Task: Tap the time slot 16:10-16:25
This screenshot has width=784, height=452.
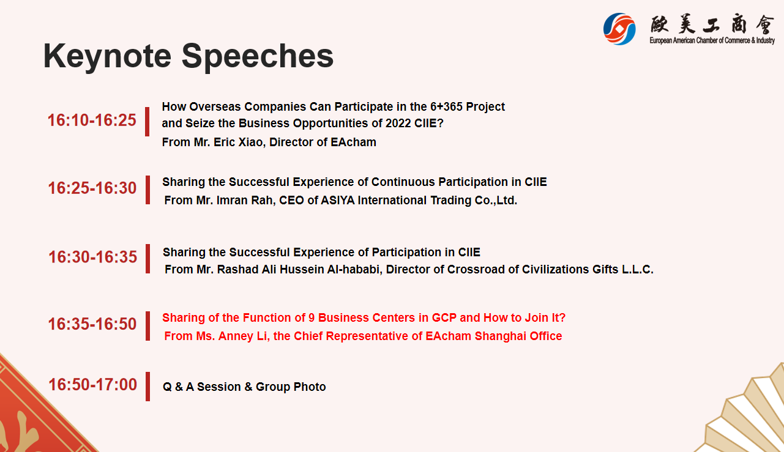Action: click(x=92, y=120)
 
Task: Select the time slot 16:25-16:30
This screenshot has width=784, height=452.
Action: click(x=92, y=188)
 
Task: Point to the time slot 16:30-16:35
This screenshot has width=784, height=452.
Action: click(x=92, y=257)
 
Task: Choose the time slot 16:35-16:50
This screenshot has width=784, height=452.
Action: click(x=92, y=324)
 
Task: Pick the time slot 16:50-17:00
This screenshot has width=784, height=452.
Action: click(x=92, y=385)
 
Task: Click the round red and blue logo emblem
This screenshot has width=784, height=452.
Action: click(x=619, y=29)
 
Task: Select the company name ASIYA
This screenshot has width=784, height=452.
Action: click(x=338, y=201)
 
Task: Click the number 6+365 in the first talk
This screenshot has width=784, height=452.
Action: click(x=446, y=106)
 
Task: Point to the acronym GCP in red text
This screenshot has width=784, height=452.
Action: click(x=444, y=317)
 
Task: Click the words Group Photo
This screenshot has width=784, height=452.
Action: click(x=291, y=387)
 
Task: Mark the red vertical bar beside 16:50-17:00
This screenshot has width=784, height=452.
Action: click(x=147, y=386)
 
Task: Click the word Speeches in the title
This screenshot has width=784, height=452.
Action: click(x=257, y=57)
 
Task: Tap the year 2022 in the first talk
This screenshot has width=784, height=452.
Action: click(x=398, y=124)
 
